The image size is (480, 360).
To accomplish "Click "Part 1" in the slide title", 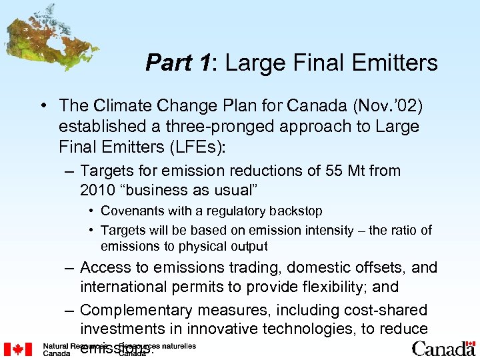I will pos(177,63).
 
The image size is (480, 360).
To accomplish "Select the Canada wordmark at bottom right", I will pos(443,349).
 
